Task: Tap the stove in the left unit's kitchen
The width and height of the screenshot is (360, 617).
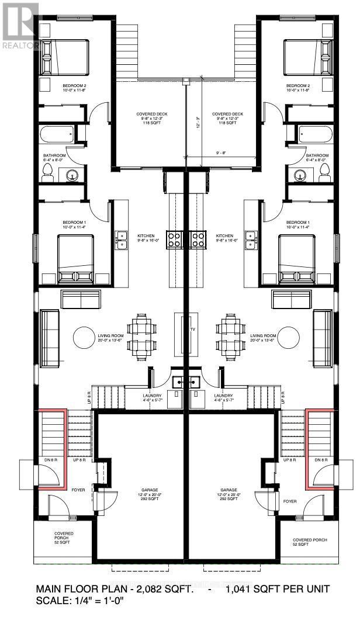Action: (175, 239)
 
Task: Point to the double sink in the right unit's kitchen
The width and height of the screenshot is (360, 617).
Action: (252, 239)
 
